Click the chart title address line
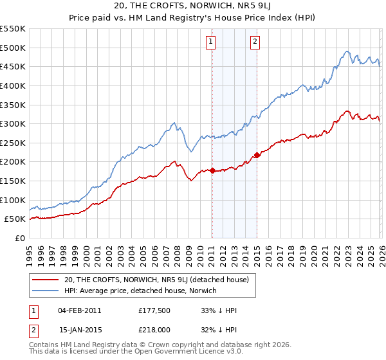click(x=193, y=7)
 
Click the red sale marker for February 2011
click(x=212, y=170)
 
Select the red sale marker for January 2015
click(x=257, y=155)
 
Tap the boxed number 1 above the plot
click(x=210, y=42)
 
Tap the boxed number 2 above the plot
click(x=255, y=42)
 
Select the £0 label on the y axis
click(x=19, y=238)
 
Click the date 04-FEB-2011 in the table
click(x=80, y=310)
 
